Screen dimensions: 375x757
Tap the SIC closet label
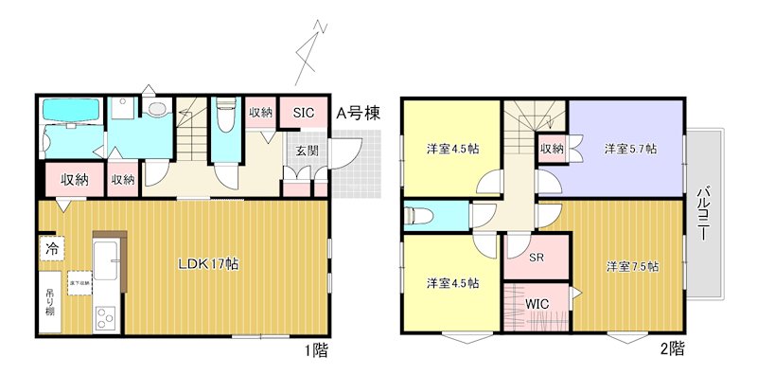tap(303, 113)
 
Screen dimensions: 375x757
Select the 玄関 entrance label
tap(306, 151)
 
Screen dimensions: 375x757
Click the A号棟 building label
tap(360, 114)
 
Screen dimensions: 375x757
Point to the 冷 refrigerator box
tap(50, 250)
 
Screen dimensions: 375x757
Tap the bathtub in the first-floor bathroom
tap(73, 114)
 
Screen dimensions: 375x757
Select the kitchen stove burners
tap(104, 319)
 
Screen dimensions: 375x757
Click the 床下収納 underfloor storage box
tap(78, 280)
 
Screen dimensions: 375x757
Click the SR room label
tap(536, 258)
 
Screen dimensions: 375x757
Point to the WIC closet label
tap(537, 304)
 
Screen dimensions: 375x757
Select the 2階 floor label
tap(671, 349)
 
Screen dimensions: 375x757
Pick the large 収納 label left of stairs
tap(76, 179)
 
